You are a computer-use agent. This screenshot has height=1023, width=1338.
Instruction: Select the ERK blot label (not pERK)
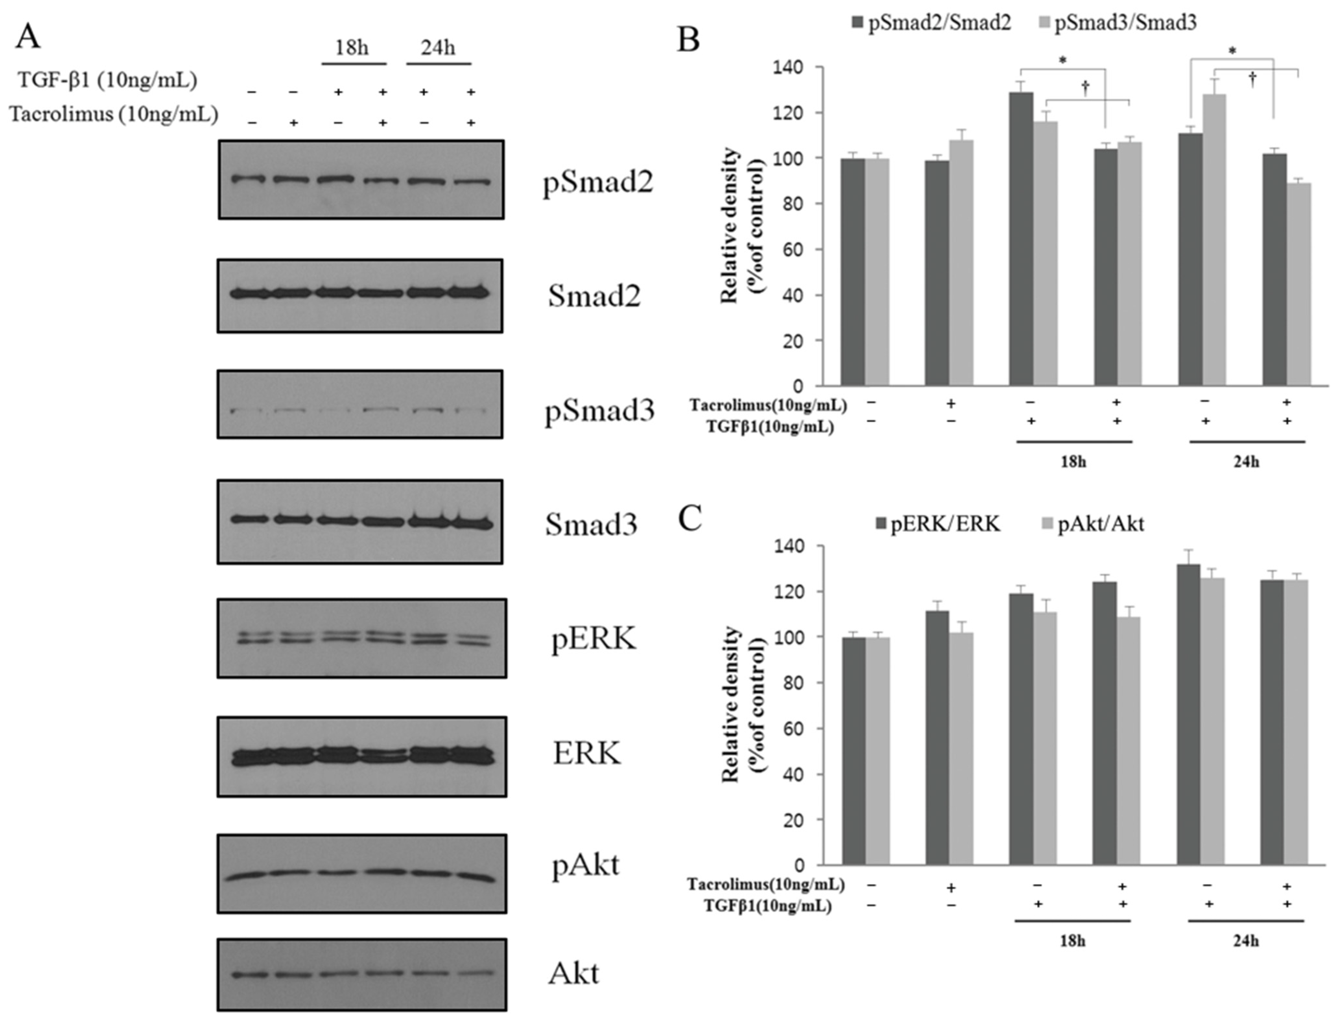(586, 754)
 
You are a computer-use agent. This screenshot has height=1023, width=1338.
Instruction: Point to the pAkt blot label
(585, 865)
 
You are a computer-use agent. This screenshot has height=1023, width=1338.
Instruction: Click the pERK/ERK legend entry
(938, 524)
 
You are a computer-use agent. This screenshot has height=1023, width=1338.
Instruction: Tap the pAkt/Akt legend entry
(1094, 524)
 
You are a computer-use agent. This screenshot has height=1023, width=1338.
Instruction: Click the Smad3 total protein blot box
(360, 522)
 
